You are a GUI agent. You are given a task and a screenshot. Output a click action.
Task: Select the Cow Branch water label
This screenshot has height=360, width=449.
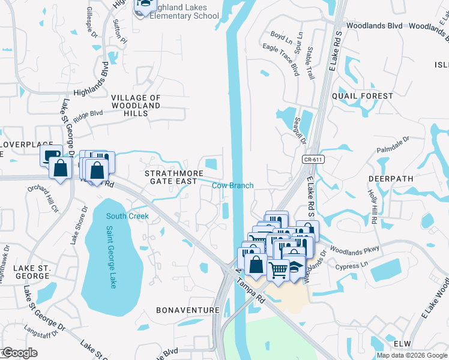232,185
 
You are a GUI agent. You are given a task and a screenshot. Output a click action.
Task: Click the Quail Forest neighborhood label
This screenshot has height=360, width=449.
366,96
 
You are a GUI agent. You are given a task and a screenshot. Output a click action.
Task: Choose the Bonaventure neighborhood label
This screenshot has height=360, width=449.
188,310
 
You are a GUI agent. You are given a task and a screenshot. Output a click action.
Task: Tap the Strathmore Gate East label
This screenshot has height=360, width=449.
171,177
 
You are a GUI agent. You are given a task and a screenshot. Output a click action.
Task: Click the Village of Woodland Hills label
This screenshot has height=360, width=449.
136,105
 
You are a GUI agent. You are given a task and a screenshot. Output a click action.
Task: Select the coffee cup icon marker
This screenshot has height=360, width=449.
51,155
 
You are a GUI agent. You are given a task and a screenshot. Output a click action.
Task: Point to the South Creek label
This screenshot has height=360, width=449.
127,216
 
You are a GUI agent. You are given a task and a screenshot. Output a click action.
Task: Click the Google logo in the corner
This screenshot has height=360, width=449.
19,353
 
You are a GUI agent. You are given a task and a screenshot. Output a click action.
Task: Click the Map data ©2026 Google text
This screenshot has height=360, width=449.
411,355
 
